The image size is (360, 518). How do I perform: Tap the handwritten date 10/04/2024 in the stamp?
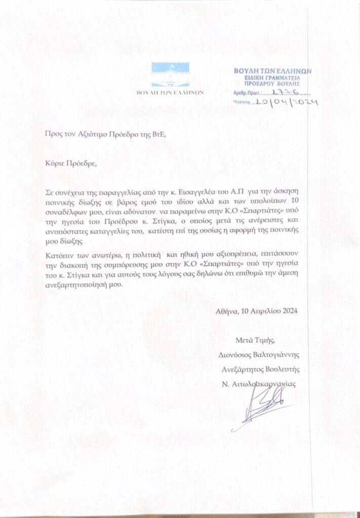[286, 102]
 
